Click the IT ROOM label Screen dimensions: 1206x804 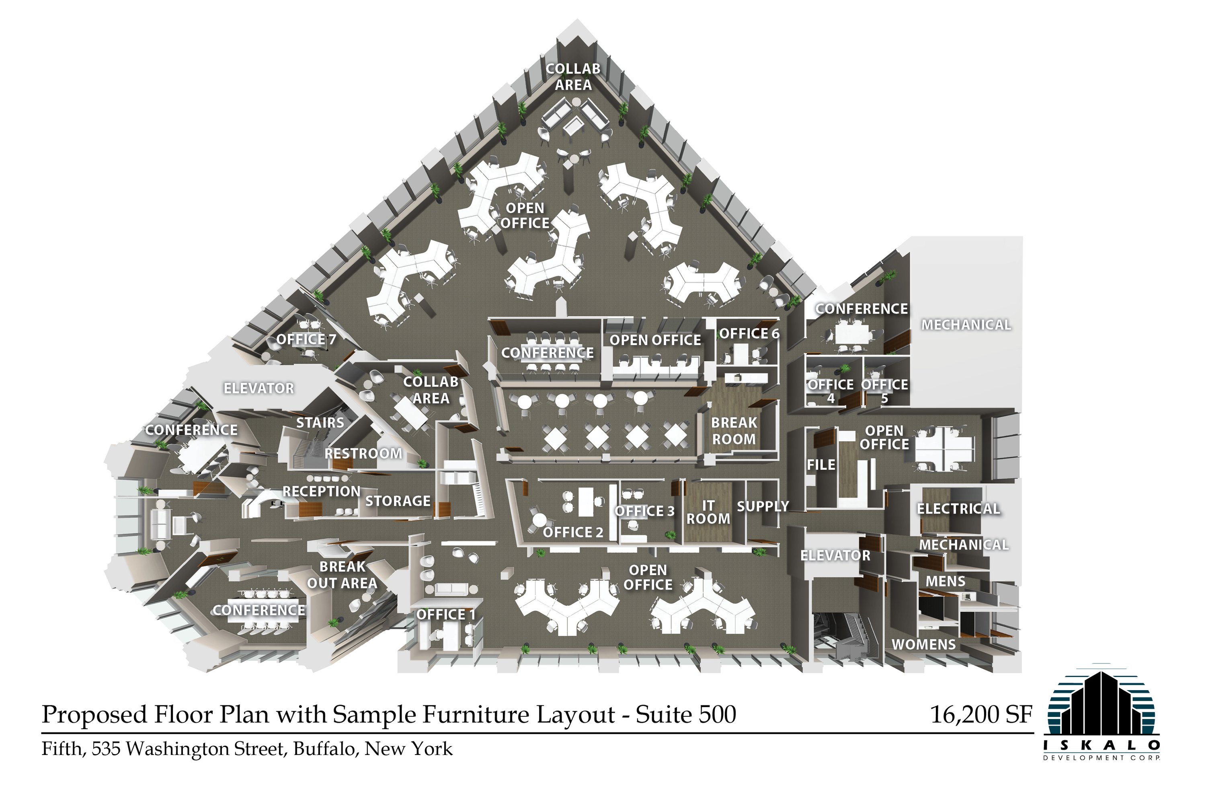point(708,512)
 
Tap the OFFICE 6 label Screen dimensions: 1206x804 point(749,334)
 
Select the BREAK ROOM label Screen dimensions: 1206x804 point(734,431)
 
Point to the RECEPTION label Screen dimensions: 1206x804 point(321,491)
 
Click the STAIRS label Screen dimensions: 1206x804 point(320,422)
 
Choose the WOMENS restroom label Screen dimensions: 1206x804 point(924,645)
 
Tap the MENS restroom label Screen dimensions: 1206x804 point(945,582)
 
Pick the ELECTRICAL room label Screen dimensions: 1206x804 point(958,509)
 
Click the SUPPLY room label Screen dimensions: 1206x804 point(763,507)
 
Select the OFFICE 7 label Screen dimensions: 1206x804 point(306,339)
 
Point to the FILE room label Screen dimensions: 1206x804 point(821,465)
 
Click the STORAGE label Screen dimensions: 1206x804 point(398,501)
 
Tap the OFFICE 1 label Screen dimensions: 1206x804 point(446,614)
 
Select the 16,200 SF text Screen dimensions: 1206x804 point(981,714)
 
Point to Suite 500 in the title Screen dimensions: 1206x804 point(686,714)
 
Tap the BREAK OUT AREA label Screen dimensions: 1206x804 point(342,575)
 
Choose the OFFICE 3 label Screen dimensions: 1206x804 point(645,511)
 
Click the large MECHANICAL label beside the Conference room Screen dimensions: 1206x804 point(966,325)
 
